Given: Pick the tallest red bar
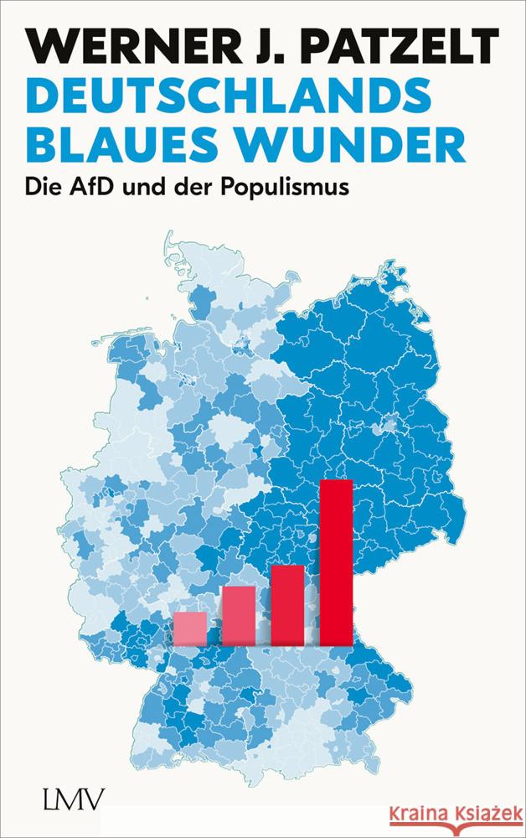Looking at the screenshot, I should point(337,561).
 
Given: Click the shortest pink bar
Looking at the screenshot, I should point(190,628).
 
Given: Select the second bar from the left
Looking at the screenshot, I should point(239,616).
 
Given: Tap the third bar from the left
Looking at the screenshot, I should point(287,605).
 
